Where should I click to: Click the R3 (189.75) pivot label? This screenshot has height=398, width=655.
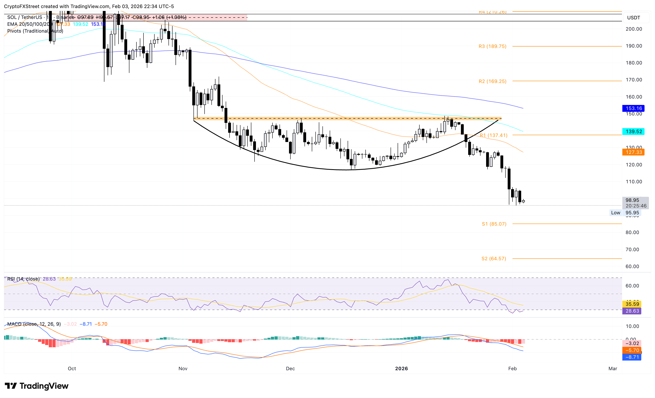click(x=492, y=46)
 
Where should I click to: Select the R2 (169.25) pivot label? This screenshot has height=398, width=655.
click(x=492, y=81)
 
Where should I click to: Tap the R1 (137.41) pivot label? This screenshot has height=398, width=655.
click(x=493, y=135)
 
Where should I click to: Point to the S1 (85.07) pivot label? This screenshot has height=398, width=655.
click(x=494, y=224)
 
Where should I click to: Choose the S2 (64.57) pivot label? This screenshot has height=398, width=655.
click(x=494, y=258)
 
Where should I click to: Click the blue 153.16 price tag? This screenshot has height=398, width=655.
click(x=633, y=108)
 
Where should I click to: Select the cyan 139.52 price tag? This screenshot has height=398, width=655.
click(x=633, y=131)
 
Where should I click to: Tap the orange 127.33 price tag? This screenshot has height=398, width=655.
click(x=633, y=152)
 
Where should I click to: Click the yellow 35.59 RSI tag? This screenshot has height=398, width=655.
click(x=632, y=304)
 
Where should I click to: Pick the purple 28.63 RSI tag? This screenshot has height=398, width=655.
click(x=632, y=311)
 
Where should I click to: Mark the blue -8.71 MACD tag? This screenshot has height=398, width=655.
click(x=632, y=357)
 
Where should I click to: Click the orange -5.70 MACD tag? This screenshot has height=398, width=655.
click(x=632, y=350)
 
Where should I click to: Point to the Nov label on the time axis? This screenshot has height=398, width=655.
click(x=183, y=369)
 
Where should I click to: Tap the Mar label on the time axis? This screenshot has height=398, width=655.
click(x=613, y=369)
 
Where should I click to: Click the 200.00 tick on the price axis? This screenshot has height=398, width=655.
click(x=634, y=29)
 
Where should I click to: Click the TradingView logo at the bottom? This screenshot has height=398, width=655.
click(x=37, y=386)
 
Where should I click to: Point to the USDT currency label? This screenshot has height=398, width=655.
click(x=633, y=18)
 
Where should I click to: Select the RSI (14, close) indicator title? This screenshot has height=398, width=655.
click(x=23, y=279)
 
